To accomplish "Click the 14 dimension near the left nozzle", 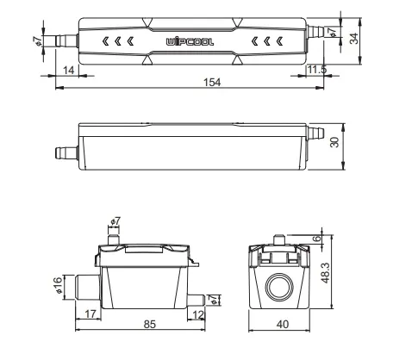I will (x=66, y=71).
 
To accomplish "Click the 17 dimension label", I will (x=90, y=315).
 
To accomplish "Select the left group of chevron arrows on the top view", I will (x=118, y=41).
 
